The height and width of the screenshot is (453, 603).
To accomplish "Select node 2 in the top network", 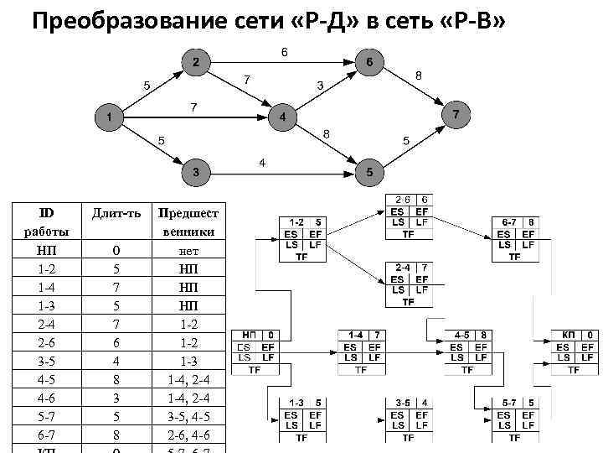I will click(x=196, y=63).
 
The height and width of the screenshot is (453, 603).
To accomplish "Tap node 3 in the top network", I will click(x=196, y=172).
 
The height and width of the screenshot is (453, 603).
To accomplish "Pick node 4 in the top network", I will click(x=283, y=117).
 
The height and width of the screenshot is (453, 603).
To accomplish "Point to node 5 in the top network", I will click(x=369, y=172).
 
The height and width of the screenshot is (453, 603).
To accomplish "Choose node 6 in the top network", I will click(x=369, y=63).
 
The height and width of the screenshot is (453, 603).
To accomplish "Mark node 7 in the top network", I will click(x=456, y=113).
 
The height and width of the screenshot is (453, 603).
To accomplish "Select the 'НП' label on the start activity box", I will click(x=250, y=335).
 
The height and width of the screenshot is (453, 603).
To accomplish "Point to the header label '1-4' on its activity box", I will click(x=354, y=335).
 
